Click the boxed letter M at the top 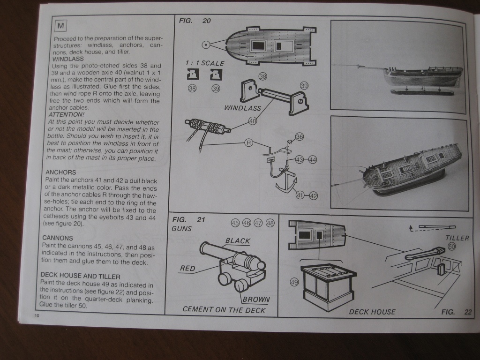61,25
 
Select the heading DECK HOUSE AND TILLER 80,276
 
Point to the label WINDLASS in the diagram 242,108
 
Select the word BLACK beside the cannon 238,241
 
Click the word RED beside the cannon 187,269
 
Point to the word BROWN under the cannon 256,299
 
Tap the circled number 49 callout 294,282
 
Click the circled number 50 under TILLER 452,246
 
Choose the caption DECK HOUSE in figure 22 372,312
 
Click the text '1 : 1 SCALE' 205,63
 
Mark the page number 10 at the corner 37,315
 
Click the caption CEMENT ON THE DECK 224,310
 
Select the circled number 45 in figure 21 235,223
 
